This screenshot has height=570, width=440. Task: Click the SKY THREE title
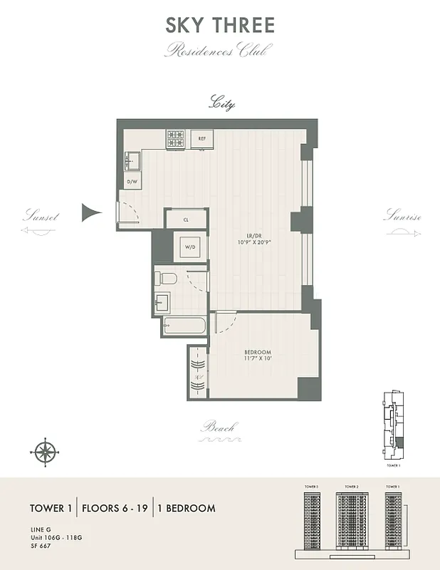click(x=220, y=26)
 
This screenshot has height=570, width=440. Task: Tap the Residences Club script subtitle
click(x=219, y=51)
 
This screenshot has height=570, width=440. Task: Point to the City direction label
click(x=221, y=104)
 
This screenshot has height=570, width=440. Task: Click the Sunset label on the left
click(x=40, y=216)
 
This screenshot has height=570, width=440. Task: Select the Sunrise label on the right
click(x=403, y=216)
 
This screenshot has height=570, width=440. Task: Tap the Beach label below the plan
click(x=218, y=427)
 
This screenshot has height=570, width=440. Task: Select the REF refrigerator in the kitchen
click(x=201, y=139)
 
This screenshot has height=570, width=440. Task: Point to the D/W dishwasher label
click(x=132, y=182)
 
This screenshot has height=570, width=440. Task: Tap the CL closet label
click(x=186, y=219)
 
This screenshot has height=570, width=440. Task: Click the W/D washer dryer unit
click(x=190, y=248)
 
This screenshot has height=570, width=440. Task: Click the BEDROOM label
click(x=257, y=353)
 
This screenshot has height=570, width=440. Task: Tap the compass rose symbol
click(x=45, y=451)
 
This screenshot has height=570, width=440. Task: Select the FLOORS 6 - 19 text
click(x=115, y=508)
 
